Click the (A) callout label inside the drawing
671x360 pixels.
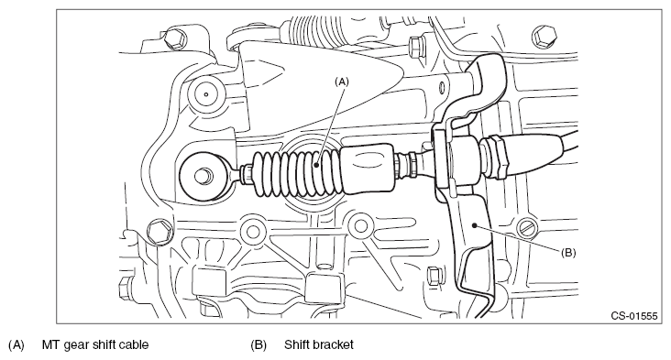[x=342, y=82]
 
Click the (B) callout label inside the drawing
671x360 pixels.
[x=568, y=253]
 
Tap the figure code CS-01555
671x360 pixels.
[x=633, y=316]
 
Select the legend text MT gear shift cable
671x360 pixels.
[x=95, y=344]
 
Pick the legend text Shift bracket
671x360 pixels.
[x=319, y=344]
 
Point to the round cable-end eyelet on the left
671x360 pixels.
[x=204, y=175]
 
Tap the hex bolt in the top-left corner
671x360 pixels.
[x=175, y=39]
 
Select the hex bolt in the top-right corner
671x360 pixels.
[x=544, y=37]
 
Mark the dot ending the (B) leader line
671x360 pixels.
[x=474, y=224]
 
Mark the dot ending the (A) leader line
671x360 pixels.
[x=316, y=164]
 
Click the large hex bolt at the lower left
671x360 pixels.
[x=159, y=232]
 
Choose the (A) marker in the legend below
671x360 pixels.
[x=16, y=344]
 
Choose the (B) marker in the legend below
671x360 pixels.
[x=258, y=344]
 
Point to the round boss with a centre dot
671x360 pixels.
[x=206, y=94]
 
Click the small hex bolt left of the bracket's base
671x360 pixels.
[x=434, y=277]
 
